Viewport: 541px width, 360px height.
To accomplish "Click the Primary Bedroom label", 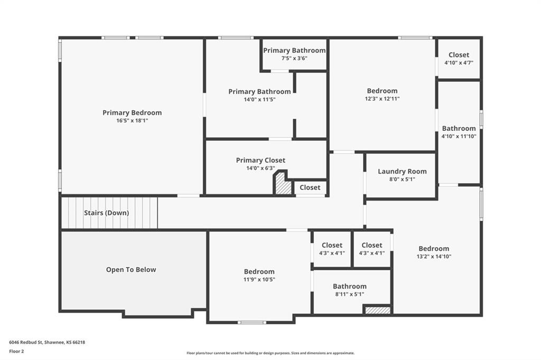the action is (x=132, y=113).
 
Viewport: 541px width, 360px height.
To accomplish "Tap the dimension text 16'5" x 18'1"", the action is (x=132, y=121).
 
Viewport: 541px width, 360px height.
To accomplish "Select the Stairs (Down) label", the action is (x=107, y=213).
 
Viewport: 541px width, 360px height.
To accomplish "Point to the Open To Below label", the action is (x=131, y=270).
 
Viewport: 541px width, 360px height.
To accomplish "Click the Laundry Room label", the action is (x=402, y=172).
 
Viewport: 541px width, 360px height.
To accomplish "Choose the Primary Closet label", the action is (x=260, y=160).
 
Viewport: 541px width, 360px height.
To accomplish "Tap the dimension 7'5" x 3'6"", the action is (x=294, y=58).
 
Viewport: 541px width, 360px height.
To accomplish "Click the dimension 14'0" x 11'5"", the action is (x=259, y=100).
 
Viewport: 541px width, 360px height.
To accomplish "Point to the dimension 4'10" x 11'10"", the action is (x=459, y=136).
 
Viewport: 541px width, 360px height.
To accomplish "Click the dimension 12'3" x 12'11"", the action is (x=383, y=99).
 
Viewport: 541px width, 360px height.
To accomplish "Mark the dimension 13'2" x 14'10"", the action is (x=434, y=257).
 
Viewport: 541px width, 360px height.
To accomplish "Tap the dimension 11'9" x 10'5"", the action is (x=259, y=280).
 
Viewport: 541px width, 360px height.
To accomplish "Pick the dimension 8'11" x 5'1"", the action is (x=350, y=294).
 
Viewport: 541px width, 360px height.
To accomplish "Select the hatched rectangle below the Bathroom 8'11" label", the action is (x=378, y=310).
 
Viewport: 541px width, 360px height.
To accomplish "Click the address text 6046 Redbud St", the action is (x=25, y=343).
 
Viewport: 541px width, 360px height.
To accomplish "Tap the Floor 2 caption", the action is (x=16, y=352).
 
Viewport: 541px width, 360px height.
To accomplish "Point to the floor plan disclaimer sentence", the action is (x=270, y=353).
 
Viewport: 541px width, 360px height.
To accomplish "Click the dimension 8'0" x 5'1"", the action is (x=402, y=179).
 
